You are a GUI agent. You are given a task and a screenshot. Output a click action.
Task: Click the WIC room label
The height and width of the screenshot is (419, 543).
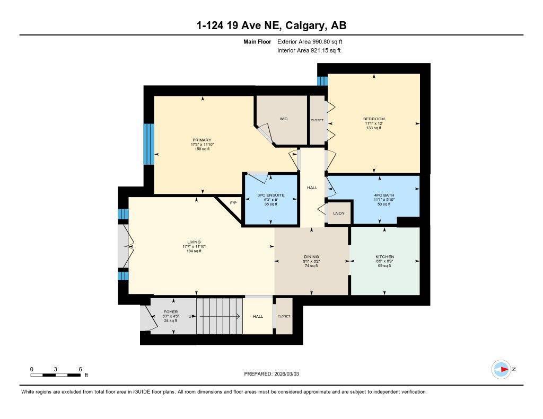pyautogui.click(x=284, y=119)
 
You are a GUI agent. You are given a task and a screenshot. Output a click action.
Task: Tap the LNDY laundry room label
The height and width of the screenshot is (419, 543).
pyautogui.click(x=338, y=213)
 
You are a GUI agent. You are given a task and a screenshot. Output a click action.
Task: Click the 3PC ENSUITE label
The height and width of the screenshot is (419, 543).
pyautogui.click(x=270, y=195)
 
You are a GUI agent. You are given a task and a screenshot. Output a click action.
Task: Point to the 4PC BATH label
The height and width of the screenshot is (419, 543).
pyautogui.click(x=384, y=195)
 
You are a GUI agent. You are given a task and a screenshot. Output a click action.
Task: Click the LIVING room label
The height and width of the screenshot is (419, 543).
pyautogui.click(x=194, y=242)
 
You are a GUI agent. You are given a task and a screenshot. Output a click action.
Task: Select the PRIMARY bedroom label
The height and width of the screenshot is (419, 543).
pyautogui.click(x=202, y=140)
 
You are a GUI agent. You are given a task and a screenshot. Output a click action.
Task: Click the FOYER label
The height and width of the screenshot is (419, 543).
pyautogui.click(x=171, y=312)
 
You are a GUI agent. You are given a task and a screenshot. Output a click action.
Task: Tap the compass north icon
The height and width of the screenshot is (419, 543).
pyautogui.click(x=501, y=369)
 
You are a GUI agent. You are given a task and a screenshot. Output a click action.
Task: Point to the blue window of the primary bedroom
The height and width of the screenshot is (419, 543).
pyautogui.click(x=149, y=145)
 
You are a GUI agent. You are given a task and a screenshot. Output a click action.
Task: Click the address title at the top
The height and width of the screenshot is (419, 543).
pyautogui.click(x=271, y=25)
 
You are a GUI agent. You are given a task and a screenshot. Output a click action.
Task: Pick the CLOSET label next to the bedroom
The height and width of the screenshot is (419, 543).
pyautogui.click(x=317, y=120)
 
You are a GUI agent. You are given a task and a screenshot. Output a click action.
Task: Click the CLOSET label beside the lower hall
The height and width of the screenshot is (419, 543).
pyautogui.click(x=284, y=316)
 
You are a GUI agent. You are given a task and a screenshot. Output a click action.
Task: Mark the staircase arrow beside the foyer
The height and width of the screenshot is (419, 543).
pyautogui.click(x=217, y=316)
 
